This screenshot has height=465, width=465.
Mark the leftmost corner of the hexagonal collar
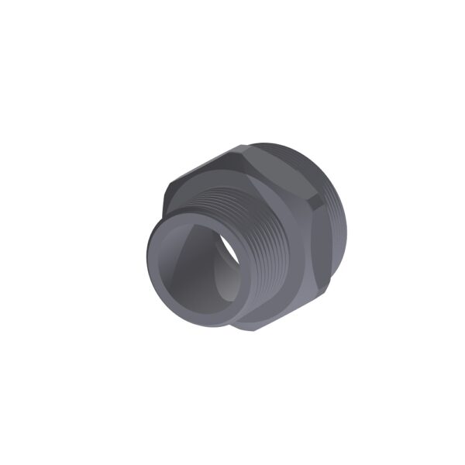pos(164,198)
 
